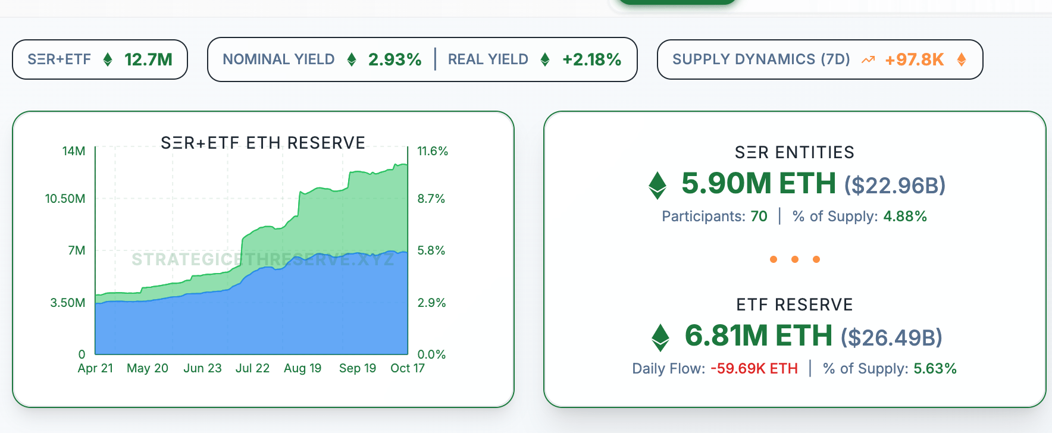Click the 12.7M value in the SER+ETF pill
click(148, 59)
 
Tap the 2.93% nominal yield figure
click(394, 59)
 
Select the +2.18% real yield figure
click(591, 59)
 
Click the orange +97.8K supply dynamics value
click(914, 59)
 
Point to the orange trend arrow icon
click(868, 59)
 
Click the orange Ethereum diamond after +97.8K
click(962, 59)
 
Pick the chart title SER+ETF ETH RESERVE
click(263, 143)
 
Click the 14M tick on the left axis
click(74, 151)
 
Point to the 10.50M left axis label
click(65, 199)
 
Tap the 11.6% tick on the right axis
click(433, 151)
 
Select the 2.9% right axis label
click(431, 303)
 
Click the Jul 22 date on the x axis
click(252, 368)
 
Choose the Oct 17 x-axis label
click(407, 368)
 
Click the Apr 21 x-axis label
click(95, 368)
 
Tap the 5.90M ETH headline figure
click(758, 183)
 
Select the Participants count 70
click(759, 216)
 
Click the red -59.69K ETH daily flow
click(754, 369)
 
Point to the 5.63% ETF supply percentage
click(935, 369)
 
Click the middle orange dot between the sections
click(795, 259)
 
